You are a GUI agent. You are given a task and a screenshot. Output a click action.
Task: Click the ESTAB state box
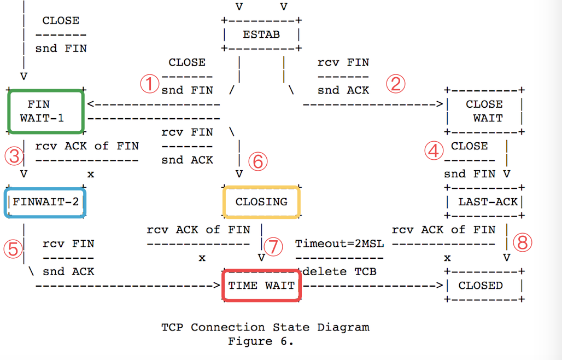coord(261,34)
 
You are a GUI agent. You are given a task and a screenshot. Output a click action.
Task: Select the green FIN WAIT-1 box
coord(46,112)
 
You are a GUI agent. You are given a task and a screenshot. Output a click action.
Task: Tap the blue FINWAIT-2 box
coord(46,202)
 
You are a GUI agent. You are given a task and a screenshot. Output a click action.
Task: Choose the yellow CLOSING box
coord(261,202)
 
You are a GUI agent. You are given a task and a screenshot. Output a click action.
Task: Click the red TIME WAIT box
coord(261,285)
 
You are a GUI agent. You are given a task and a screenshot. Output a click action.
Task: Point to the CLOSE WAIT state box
coord(484,111)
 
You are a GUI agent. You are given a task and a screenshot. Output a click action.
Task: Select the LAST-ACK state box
coord(484,202)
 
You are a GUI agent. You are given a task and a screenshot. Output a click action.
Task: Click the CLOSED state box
coord(484,285)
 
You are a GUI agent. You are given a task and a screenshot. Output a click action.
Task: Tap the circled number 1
coord(148,84)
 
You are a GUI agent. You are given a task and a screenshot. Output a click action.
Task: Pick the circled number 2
coord(395,84)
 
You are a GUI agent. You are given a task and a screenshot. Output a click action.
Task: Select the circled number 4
coord(434,151)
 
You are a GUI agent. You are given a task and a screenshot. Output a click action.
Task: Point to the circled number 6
coord(258,161)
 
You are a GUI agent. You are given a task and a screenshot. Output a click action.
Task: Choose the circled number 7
coord(273,246)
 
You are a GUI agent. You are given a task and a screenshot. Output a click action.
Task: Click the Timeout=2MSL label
coord(339,243)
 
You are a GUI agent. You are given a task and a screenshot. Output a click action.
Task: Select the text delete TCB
coord(339,271)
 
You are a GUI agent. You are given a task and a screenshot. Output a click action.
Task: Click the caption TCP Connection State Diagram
coord(265,327)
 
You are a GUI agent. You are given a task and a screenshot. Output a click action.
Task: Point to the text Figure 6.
coord(261,341)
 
